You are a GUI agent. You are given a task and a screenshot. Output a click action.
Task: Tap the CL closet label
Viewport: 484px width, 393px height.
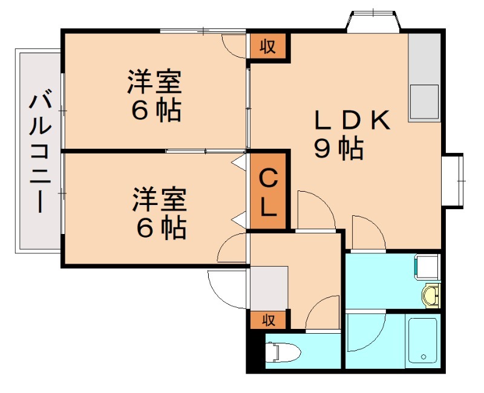coord(269,192)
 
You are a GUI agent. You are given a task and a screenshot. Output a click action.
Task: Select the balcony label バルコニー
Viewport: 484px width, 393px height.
coord(39,151)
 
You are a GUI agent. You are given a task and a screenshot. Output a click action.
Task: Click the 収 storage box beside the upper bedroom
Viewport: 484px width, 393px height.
coord(268,46)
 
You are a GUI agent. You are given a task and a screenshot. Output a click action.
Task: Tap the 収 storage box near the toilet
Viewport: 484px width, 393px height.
coord(269,319)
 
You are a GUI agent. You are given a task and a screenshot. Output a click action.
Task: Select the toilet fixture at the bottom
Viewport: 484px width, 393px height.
coord(282,351)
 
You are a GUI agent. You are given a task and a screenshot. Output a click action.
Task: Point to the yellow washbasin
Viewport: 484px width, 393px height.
coord(430,296)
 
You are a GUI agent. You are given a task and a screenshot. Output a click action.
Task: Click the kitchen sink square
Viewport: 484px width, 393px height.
coord(424,101)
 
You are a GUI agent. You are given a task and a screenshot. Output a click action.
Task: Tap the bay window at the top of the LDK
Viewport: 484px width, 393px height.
coord(373,21)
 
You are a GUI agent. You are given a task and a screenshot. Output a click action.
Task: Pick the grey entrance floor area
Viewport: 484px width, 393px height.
coord(269,287)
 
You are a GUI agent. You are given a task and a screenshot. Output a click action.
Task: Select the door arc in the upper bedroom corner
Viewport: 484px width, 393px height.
coord(235,45)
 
